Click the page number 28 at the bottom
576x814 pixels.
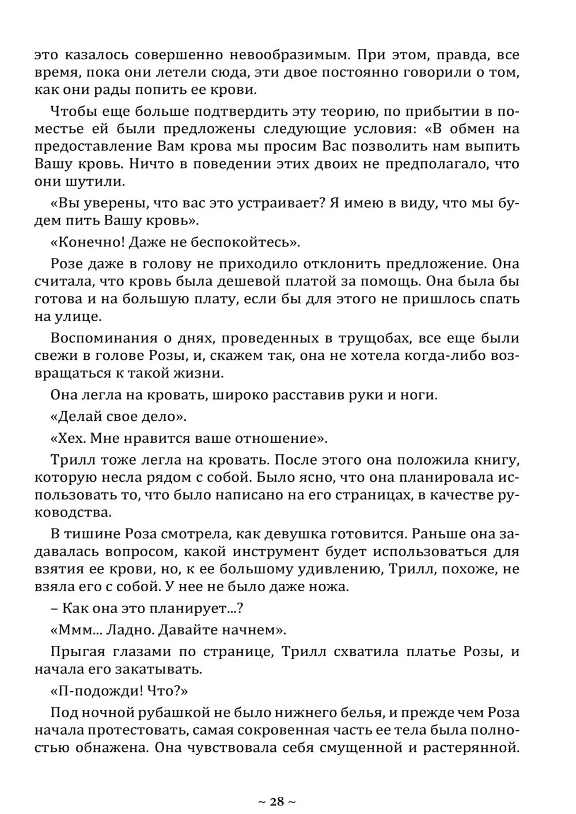[276, 801]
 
